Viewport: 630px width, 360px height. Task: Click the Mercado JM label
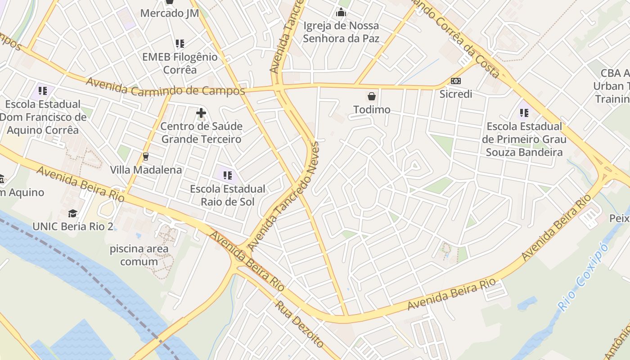169,13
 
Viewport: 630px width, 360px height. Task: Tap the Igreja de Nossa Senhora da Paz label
341,32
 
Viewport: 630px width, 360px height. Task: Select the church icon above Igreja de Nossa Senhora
341,12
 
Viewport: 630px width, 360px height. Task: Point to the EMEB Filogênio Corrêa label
180,63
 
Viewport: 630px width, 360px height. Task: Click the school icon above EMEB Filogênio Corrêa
180,44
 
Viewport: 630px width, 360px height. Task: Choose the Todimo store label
372,110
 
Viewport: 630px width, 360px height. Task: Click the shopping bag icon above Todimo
372,96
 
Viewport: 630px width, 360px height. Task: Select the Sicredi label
456,94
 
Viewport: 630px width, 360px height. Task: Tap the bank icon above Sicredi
456,81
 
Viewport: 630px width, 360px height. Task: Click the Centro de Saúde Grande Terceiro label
201,133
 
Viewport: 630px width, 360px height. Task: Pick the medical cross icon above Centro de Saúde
201,113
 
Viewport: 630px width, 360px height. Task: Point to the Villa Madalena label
146,170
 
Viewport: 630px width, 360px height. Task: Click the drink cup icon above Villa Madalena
145,157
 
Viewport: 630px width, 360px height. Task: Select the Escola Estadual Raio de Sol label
228,195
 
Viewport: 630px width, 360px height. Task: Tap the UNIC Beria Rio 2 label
73,226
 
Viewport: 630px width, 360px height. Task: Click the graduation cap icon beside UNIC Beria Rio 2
73,213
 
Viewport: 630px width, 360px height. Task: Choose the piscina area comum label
139,255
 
